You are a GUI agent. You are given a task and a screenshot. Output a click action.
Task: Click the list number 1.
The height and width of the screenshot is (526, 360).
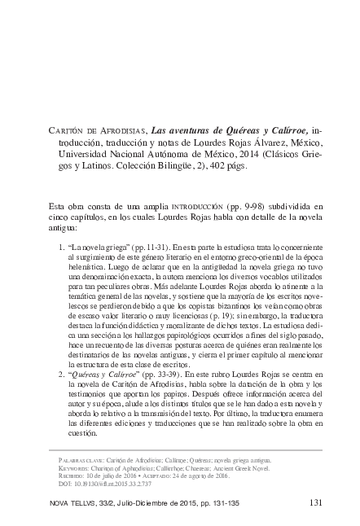[x=64, y=245]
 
